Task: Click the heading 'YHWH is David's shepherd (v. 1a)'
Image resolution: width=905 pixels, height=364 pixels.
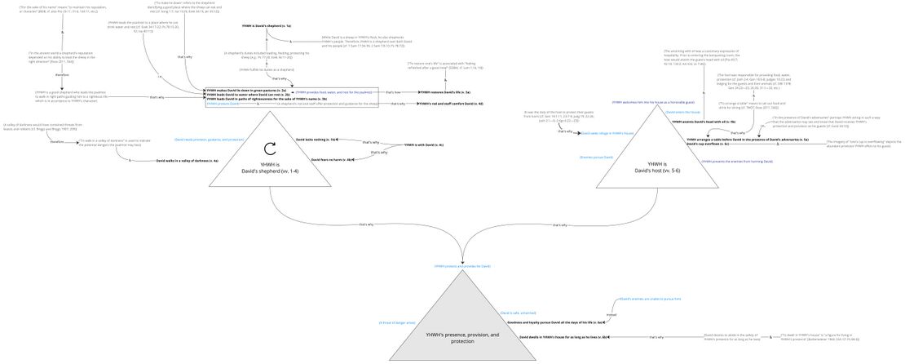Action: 266,27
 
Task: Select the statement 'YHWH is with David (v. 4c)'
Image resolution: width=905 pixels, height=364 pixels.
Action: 424,144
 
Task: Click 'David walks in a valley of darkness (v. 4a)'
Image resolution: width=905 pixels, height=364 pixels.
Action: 187,161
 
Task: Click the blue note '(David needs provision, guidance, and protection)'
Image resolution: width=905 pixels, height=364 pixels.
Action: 209,140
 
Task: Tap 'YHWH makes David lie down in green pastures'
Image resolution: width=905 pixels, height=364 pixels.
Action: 245,90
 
